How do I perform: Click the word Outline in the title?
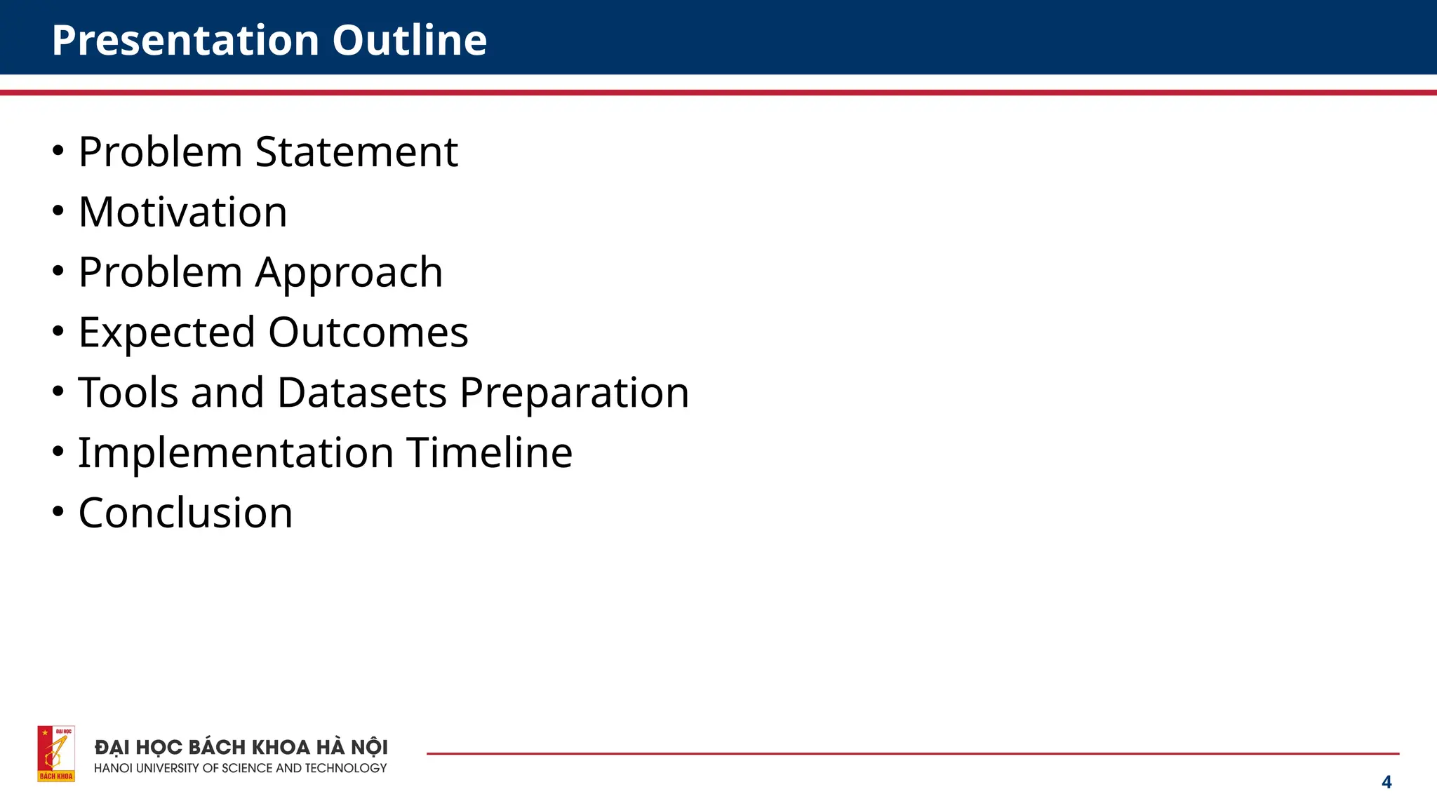point(409,40)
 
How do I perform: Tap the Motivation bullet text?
point(182,212)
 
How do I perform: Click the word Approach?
point(349,272)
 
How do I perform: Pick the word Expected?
point(166,332)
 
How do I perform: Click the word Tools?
point(128,392)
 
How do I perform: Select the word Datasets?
point(361,392)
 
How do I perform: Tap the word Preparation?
point(574,392)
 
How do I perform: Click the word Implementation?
point(236,452)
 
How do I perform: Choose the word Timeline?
point(489,452)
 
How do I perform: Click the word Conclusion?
point(185,513)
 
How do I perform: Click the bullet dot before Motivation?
point(58,210)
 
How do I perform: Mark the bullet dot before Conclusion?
point(58,511)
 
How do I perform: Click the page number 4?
point(1386,782)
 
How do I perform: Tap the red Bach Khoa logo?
point(56,754)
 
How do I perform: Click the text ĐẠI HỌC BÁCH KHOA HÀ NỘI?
point(241,748)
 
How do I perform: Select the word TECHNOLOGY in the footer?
point(345,769)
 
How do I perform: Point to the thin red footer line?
point(912,754)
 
